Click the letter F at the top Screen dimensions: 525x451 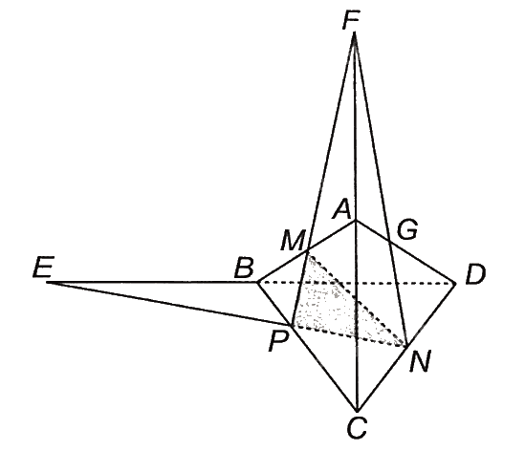tap(352, 19)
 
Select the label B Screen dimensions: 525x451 tap(244, 268)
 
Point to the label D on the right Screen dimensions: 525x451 tap(475, 274)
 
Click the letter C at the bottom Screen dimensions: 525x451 tap(357, 428)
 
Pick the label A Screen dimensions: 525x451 tap(341, 210)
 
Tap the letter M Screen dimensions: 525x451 tap(293, 240)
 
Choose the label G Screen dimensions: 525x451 tap(407, 229)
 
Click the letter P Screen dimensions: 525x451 tap(278, 342)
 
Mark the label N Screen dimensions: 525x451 tap(419, 362)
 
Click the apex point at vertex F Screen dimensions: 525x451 tap(354, 32)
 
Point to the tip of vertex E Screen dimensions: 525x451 tap(47, 283)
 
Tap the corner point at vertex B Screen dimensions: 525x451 tap(257, 283)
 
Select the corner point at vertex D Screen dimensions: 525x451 tap(456, 284)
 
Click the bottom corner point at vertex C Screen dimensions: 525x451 tap(358, 412)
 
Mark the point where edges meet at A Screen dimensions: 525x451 tap(356, 220)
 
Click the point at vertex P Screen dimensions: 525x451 tap(293, 325)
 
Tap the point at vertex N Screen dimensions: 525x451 tap(406, 346)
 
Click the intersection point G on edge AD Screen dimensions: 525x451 tap(389, 240)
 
